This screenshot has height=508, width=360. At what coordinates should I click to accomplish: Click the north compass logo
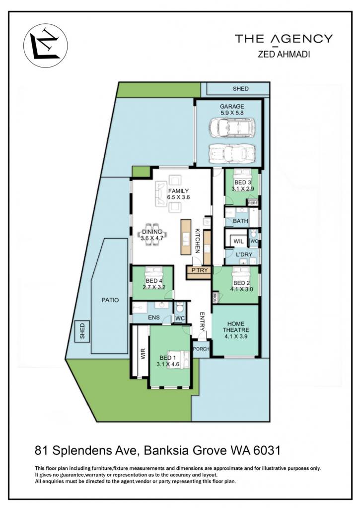click(46, 45)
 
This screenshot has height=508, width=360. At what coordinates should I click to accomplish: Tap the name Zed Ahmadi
click(284, 54)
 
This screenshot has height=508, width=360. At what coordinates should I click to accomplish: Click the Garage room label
click(232, 106)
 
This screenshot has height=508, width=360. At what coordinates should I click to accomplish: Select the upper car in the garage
click(232, 127)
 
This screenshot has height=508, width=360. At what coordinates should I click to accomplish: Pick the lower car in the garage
click(232, 153)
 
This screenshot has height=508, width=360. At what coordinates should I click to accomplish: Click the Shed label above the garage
click(241, 88)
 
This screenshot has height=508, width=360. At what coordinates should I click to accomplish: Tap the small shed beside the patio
click(82, 331)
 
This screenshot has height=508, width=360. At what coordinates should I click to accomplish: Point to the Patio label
click(110, 300)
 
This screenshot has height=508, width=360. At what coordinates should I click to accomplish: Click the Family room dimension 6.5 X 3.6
click(178, 197)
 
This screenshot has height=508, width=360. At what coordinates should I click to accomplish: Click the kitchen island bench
click(186, 237)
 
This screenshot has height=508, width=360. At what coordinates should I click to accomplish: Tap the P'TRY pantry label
click(200, 270)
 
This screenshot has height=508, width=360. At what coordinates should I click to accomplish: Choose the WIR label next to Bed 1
click(143, 354)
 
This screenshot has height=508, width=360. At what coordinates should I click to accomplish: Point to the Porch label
click(201, 349)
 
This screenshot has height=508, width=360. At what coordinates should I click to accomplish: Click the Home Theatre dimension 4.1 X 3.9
click(236, 336)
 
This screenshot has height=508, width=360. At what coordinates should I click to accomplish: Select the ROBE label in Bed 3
click(253, 203)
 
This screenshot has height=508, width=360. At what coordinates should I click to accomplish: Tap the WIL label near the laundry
click(238, 242)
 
